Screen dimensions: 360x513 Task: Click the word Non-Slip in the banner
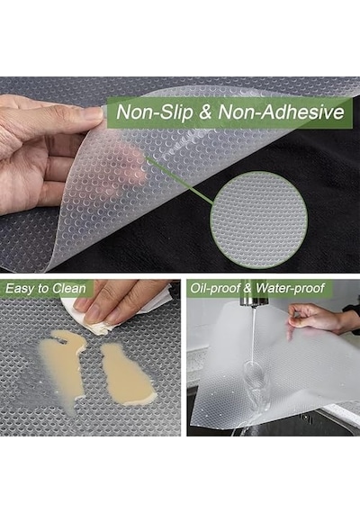155,112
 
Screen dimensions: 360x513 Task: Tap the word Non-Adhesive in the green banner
281,112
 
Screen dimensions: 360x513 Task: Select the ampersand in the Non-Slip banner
205,112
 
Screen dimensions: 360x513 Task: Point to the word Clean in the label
69,289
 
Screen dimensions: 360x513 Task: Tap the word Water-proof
291,288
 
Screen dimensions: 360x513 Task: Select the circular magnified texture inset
258,220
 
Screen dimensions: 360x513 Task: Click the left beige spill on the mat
62,366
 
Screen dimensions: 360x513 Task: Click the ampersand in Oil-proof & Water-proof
248,289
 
